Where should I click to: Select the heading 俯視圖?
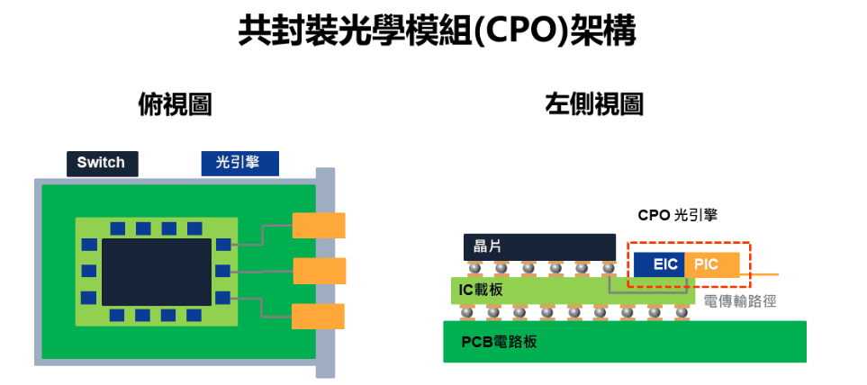coord(175,104)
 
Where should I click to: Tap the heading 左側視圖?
coord(594,104)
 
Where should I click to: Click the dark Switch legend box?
coord(102,163)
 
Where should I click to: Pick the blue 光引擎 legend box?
coord(239,163)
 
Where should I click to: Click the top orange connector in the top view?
coord(319,225)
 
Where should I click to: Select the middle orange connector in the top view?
coord(319,271)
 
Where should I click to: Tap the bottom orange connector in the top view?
coord(319,316)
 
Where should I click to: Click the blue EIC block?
coord(658,264)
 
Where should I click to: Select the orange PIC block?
coord(712,264)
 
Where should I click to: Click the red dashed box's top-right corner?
coord(750,243)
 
